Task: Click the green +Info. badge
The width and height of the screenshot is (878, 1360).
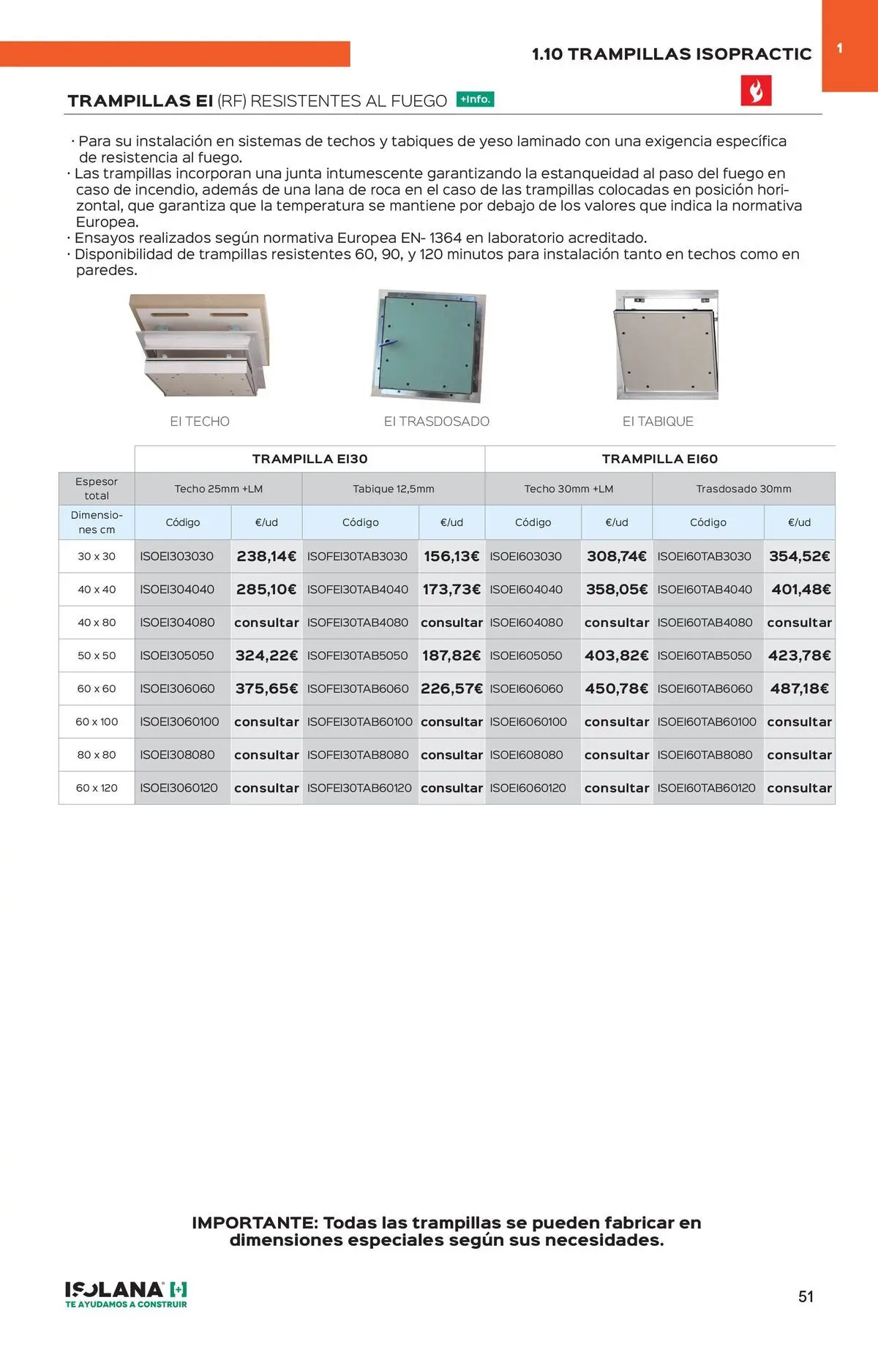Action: tap(475, 99)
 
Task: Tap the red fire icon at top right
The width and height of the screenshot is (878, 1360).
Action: tap(756, 91)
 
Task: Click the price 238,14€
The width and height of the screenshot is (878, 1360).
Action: tap(266, 557)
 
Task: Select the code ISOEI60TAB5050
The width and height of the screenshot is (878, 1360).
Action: tap(705, 656)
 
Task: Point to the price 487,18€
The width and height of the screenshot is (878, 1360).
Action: tap(799, 689)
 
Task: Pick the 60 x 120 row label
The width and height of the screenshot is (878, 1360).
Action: tap(97, 788)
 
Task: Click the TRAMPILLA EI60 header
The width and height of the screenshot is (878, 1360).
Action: tap(659, 459)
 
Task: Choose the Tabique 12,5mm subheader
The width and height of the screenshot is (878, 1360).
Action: tap(393, 489)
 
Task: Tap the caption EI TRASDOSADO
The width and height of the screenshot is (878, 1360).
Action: tap(437, 421)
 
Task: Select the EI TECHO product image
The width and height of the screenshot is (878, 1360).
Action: tap(198, 345)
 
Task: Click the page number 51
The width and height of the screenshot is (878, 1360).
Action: tap(806, 1296)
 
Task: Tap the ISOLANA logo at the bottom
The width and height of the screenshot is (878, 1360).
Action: tap(126, 1293)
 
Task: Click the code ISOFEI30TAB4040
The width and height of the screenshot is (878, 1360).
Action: tap(358, 590)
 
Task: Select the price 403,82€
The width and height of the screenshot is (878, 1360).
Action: tap(616, 656)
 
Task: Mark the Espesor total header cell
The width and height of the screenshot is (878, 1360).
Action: tap(97, 489)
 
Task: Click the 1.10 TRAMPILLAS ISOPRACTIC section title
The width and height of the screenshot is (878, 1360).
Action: tap(671, 54)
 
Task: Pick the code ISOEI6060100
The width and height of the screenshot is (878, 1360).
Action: tap(528, 722)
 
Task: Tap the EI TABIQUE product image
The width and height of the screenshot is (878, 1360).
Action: tap(667, 345)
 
